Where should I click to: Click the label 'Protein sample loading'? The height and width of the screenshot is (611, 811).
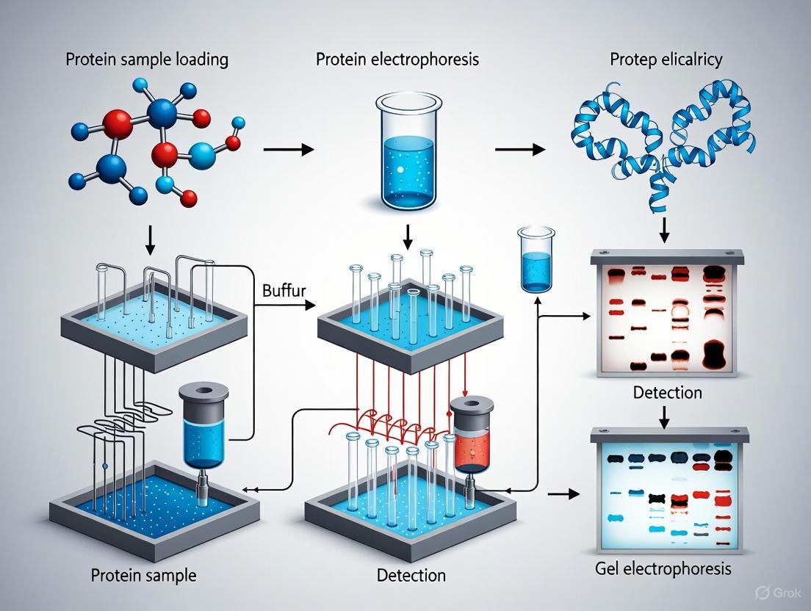[x=147, y=59]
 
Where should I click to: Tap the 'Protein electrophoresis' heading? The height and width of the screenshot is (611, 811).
[x=397, y=59]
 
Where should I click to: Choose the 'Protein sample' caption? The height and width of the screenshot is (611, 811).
[x=144, y=574]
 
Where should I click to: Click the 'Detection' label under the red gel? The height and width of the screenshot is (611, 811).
[x=667, y=392]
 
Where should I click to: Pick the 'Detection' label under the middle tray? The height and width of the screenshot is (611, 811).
[x=411, y=574]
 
